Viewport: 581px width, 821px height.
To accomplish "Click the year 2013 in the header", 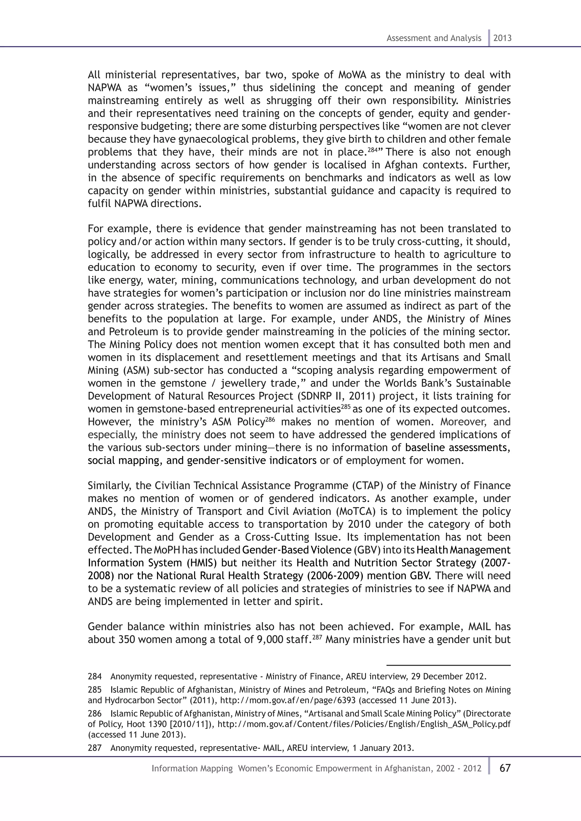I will tap(502, 38).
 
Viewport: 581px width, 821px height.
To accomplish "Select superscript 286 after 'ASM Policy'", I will tap(270, 420).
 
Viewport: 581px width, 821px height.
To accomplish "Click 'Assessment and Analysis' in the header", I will tap(433, 38).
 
